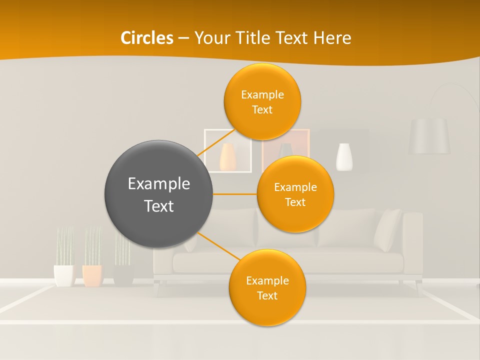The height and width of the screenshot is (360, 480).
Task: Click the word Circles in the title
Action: pyautogui.click(x=146, y=38)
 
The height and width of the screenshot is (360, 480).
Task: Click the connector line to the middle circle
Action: pyautogui.click(x=234, y=194)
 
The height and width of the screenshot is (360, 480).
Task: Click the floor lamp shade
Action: pyautogui.click(x=429, y=135)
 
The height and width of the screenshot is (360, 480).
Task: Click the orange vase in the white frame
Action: pyautogui.click(x=227, y=157)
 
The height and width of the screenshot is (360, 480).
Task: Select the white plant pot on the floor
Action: pyautogui.click(x=63, y=275)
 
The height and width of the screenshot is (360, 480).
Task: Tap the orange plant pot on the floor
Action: pyautogui.click(x=92, y=275)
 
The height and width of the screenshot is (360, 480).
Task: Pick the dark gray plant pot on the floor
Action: pyautogui.click(x=123, y=274)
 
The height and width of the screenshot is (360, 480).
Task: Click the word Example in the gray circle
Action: pyautogui.click(x=158, y=184)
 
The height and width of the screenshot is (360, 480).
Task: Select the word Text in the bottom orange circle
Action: pyautogui.click(x=267, y=295)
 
